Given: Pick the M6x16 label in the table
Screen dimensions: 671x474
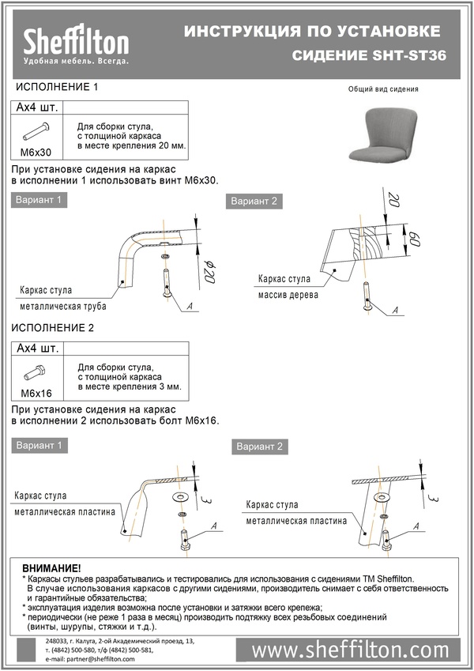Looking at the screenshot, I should click(36, 393).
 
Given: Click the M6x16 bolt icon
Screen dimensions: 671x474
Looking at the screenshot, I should click(35, 372).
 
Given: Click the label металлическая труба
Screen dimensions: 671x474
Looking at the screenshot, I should click(63, 306).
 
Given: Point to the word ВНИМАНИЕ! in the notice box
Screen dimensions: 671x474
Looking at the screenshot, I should click(52, 568).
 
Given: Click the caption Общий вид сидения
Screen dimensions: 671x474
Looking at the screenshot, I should click(383, 89).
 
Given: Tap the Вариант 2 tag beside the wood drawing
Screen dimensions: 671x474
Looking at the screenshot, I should click(254, 202).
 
